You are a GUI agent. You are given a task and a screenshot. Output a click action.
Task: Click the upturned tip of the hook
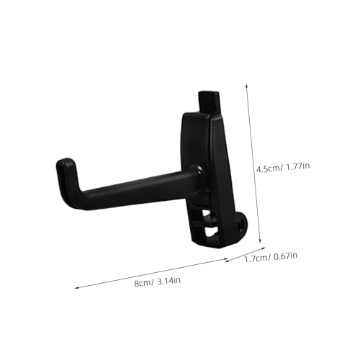pos(66,167)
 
